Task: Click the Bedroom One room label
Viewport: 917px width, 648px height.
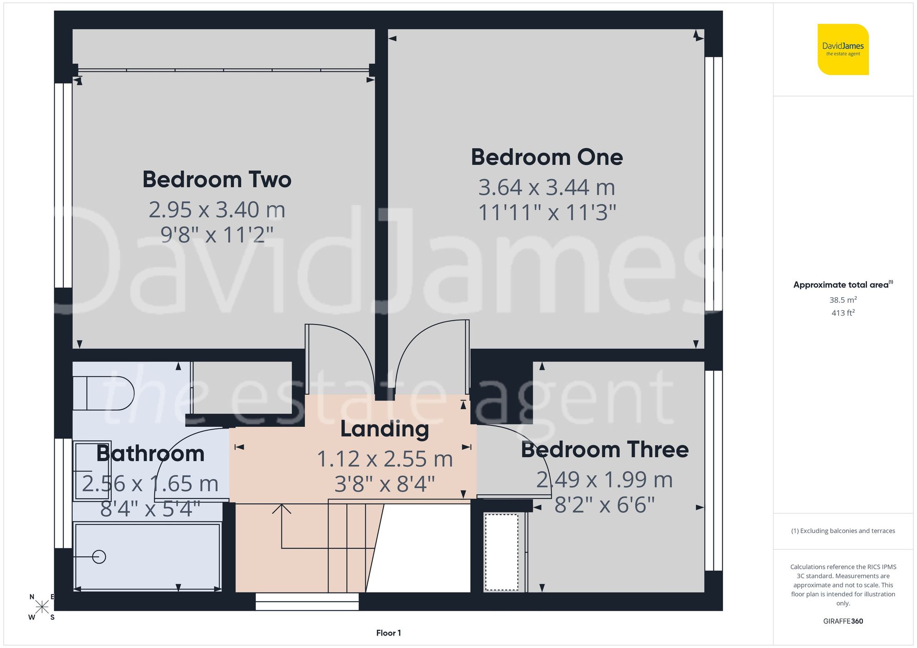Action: pos(547,158)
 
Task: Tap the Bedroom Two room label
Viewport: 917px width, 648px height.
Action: pos(217,180)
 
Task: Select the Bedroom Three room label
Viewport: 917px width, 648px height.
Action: pos(604,450)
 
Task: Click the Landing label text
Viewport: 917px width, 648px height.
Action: pos(385,429)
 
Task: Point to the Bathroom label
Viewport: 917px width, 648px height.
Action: pos(150,454)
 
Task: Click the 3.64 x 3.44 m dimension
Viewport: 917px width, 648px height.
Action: pos(547,187)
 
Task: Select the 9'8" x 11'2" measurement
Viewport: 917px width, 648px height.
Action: pos(217,235)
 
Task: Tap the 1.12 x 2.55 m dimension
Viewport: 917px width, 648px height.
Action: pos(385,459)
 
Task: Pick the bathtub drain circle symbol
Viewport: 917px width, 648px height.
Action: pos(99,557)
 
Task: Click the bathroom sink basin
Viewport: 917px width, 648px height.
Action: pos(92,471)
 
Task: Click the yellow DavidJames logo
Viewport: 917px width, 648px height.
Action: pos(843,49)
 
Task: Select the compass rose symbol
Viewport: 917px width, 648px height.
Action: pos(42,607)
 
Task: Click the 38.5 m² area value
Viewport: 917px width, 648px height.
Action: pos(843,300)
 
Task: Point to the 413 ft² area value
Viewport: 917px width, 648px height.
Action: pos(843,313)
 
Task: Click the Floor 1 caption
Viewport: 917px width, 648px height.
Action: pos(388,633)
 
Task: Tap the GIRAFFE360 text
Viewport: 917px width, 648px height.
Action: pos(843,621)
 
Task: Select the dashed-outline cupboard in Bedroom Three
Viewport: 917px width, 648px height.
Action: pos(502,552)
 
